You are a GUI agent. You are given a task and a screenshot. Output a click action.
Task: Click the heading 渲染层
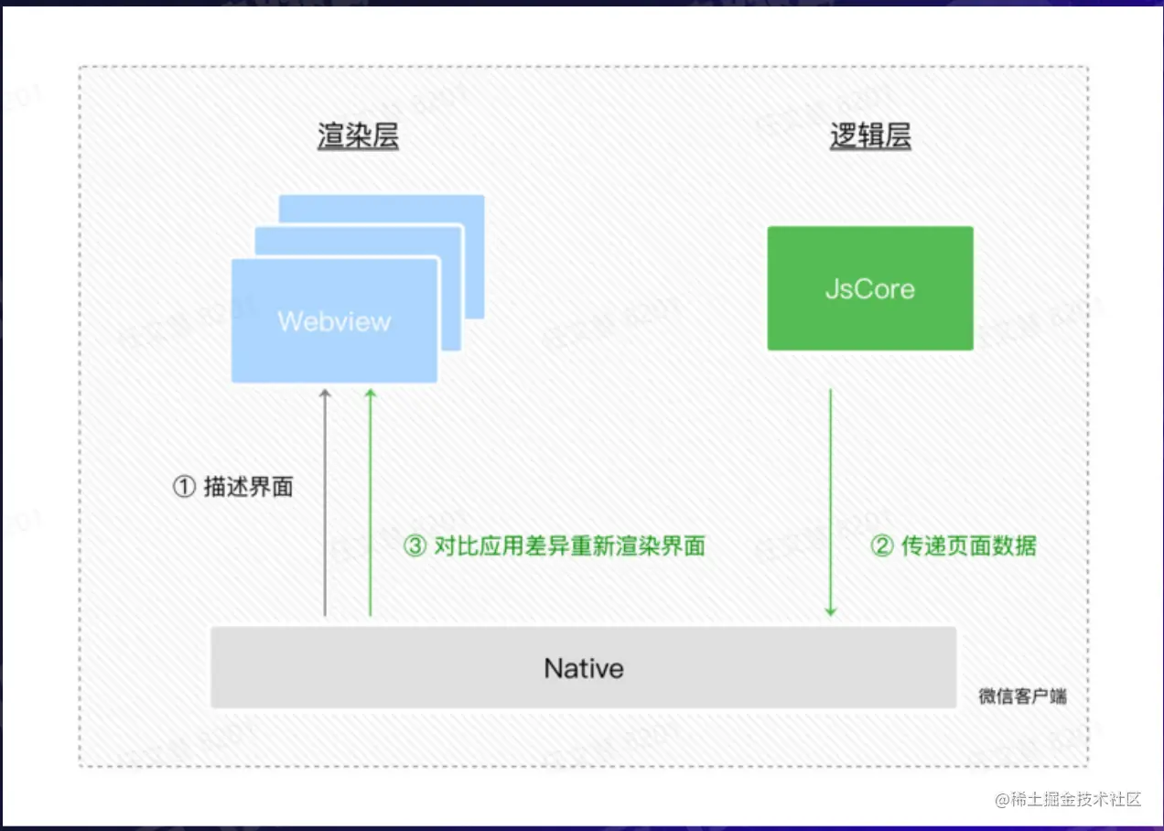(x=358, y=136)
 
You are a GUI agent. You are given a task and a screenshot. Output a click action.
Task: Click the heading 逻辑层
(x=869, y=136)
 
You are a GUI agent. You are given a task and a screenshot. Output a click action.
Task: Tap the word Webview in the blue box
(x=334, y=321)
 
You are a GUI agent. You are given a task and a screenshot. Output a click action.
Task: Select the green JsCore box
(x=869, y=288)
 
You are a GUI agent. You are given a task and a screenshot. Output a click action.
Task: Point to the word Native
(x=584, y=668)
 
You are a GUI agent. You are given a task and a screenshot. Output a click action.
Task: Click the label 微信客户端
(x=1022, y=696)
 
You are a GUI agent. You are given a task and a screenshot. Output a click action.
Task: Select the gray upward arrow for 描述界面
(x=324, y=503)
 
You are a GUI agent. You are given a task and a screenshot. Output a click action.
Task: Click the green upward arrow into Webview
(x=370, y=503)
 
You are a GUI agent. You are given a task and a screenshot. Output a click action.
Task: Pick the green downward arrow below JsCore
(x=830, y=503)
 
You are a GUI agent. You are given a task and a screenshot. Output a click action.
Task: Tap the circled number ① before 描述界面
(x=184, y=487)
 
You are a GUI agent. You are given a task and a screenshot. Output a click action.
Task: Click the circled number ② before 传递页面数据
(x=881, y=546)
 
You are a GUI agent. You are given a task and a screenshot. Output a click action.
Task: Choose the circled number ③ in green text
(x=415, y=546)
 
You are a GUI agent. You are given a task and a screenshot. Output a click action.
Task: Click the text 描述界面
(x=248, y=487)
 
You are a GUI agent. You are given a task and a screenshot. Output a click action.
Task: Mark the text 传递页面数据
(x=968, y=546)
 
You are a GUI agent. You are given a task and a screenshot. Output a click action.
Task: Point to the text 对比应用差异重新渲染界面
(x=569, y=546)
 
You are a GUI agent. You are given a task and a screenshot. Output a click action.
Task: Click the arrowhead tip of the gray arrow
(x=324, y=392)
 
